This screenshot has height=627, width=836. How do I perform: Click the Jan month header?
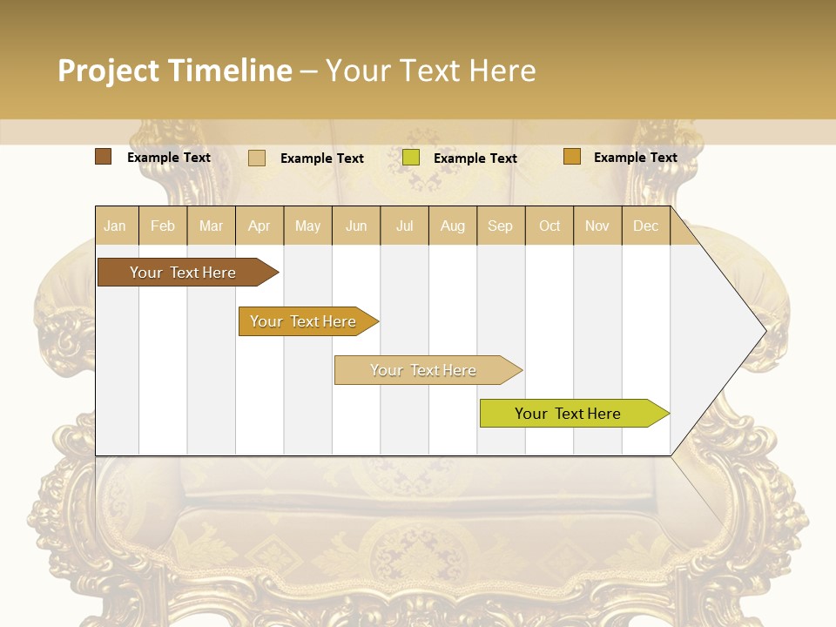pyautogui.click(x=116, y=226)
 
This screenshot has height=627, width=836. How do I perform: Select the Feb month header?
pyautogui.click(x=163, y=226)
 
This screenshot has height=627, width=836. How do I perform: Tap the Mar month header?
pyautogui.click(x=211, y=226)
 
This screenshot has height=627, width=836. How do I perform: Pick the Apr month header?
pyautogui.click(x=260, y=226)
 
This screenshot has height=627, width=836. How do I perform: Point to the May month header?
pyautogui.click(x=307, y=226)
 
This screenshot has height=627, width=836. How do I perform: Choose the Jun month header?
pyautogui.click(x=356, y=226)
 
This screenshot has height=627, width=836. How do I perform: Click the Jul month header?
pyautogui.click(x=404, y=226)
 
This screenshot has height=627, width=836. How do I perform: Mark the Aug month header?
pyautogui.click(x=453, y=226)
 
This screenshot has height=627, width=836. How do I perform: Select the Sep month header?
pyautogui.click(x=501, y=226)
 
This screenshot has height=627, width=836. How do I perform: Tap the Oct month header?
pyautogui.click(x=549, y=226)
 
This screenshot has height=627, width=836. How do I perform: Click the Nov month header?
pyautogui.click(x=597, y=226)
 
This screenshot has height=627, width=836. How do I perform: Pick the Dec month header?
pyautogui.click(x=646, y=226)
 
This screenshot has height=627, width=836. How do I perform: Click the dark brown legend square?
pyautogui.click(x=104, y=157)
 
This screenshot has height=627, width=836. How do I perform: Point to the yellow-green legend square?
pyautogui.click(x=411, y=158)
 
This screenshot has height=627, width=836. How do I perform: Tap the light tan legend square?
pyautogui.click(x=257, y=158)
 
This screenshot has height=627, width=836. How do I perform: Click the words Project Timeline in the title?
pyautogui.click(x=175, y=71)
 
